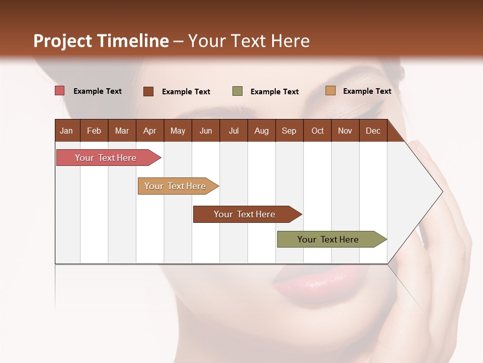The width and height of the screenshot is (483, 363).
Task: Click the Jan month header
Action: (x=66, y=131)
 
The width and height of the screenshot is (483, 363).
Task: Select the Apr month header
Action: (x=149, y=131)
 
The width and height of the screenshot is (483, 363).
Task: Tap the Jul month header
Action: (x=233, y=131)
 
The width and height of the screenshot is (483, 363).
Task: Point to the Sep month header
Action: (x=289, y=131)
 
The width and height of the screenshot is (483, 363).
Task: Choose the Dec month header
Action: (x=373, y=131)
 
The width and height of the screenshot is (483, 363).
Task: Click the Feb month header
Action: (x=94, y=131)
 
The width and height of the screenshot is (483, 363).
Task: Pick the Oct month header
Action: (x=317, y=131)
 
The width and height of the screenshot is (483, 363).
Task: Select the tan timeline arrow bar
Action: (x=176, y=186)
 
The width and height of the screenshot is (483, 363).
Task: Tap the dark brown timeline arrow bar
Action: (x=245, y=214)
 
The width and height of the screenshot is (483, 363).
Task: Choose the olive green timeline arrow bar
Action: (x=329, y=239)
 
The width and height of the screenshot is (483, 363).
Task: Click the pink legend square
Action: (x=60, y=91)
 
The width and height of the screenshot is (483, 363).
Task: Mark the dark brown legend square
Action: (x=148, y=91)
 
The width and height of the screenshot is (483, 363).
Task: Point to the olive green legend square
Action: (x=237, y=91)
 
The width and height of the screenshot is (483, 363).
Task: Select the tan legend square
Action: (x=330, y=91)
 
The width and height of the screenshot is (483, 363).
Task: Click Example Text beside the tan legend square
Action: (x=367, y=91)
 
